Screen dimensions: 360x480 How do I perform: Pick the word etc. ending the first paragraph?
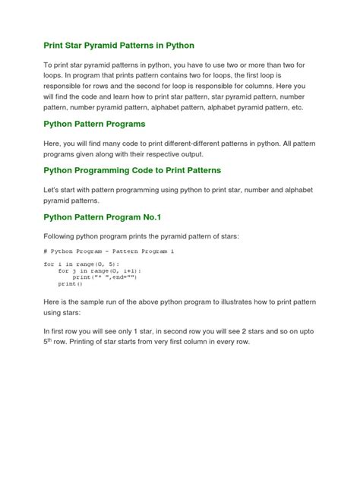(293, 108)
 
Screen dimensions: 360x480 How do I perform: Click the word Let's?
(54, 189)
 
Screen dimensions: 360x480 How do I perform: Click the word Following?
(63, 236)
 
